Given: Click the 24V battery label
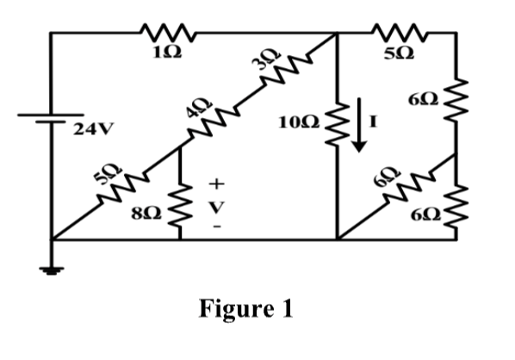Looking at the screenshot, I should click(x=91, y=131).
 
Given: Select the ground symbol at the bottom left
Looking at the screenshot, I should click(x=53, y=270).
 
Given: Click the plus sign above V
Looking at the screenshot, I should click(x=218, y=183).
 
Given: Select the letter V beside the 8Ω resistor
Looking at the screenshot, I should click(x=218, y=206).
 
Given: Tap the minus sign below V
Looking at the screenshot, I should click(x=218, y=227).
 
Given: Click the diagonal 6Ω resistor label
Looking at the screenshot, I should click(x=384, y=178).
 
